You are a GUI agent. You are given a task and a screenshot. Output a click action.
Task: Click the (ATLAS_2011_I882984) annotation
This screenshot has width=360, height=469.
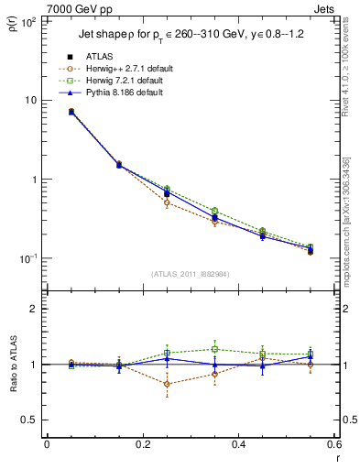(191, 274)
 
